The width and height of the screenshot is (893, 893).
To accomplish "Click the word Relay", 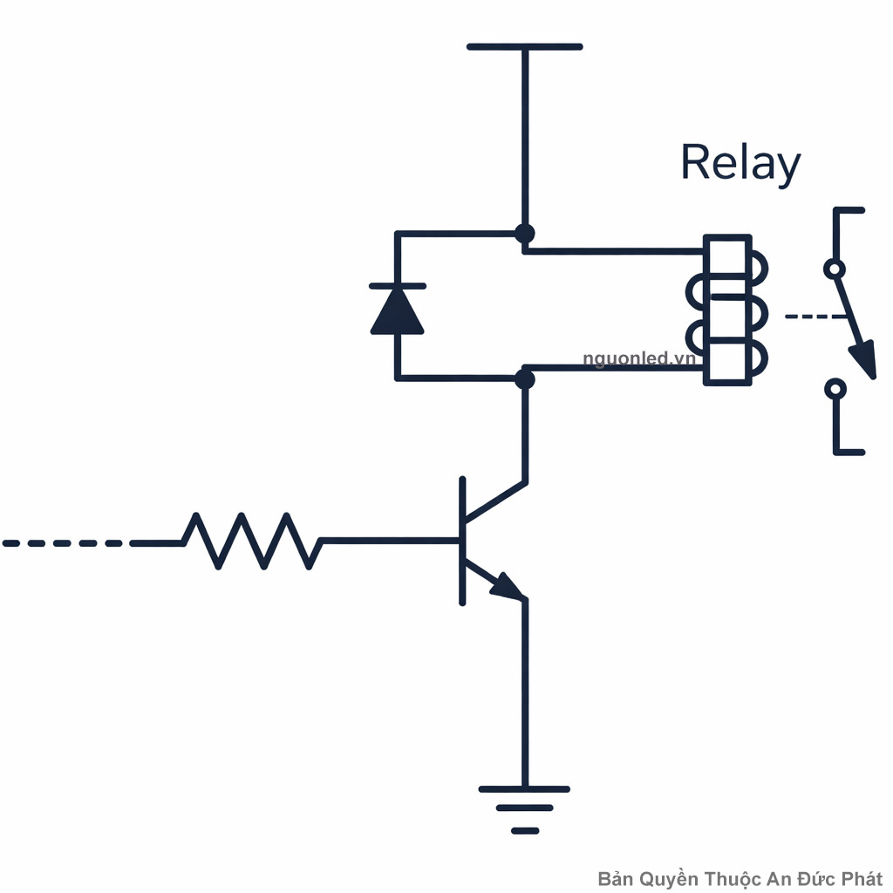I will click(740, 164).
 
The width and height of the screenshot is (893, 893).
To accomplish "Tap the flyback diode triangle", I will click(398, 312).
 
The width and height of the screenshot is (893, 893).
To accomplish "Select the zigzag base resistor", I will click(252, 542).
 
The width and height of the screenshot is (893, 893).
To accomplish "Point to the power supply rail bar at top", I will click(524, 46).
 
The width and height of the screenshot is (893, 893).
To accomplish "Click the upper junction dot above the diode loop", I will click(524, 234).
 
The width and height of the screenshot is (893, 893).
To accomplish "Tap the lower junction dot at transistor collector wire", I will click(524, 378).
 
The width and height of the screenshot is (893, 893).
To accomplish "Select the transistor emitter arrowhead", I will click(508, 587).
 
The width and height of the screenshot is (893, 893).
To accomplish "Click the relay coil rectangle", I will click(727, 310).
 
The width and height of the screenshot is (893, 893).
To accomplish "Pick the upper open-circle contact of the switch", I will click(835, 269).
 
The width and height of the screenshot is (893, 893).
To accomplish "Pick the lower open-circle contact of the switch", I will click(835, 387).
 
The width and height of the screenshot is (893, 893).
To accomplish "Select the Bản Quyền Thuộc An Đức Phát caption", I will click(740, 878).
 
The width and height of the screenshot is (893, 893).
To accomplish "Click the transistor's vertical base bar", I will click(462, 541).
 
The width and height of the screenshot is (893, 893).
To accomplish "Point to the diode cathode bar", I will click(398, 286).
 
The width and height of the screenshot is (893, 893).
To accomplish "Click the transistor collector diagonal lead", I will click(494, 501).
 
